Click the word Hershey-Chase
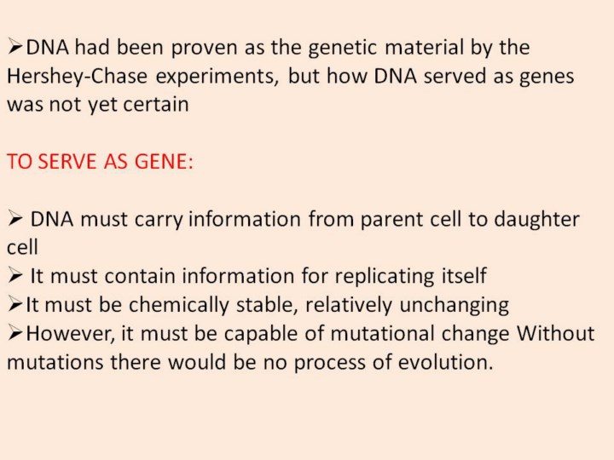[77, 76]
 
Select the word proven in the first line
[204, 49]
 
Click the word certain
[156, 105]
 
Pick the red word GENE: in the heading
[164, 161]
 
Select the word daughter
[536, 219]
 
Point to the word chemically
[178, 305]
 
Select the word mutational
[382, 334]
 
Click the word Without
[556, 333]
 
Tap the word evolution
[446, 362]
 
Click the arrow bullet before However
[14, 334]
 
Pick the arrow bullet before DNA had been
[14, 48]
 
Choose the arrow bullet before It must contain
[14, 277]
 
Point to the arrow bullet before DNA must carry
[14, 220]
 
